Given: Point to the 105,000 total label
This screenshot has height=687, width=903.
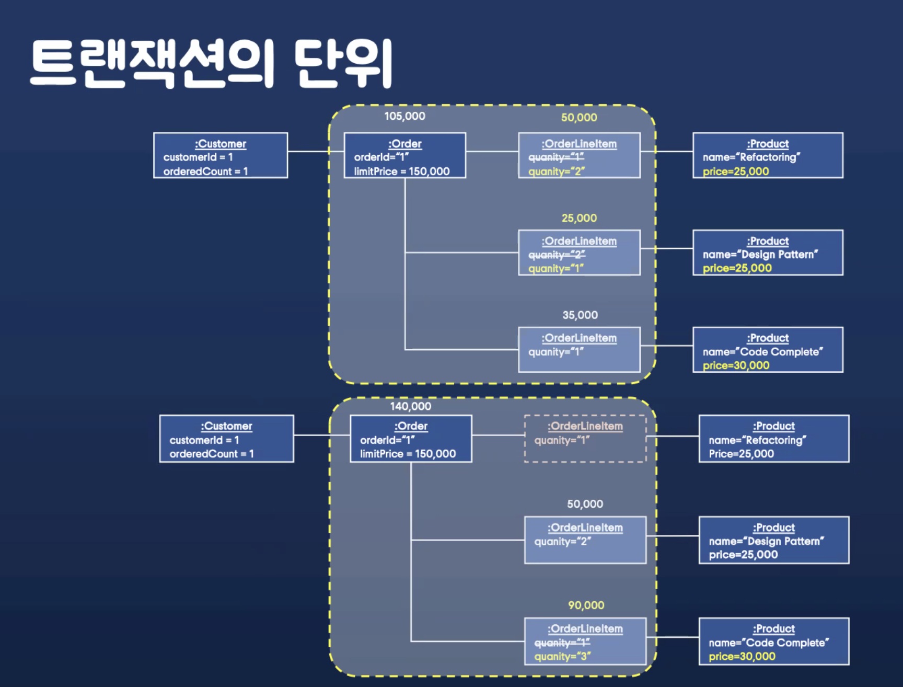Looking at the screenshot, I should [404, 116].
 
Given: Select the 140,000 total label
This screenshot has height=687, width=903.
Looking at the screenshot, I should [410, 406].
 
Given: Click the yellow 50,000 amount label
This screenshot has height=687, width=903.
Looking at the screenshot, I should [579, 118].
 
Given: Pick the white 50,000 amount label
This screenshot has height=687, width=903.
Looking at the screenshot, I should [585, 504].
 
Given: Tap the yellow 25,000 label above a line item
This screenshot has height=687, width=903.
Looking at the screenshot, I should [579, 218].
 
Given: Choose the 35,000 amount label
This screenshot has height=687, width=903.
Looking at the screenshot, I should [580, 315].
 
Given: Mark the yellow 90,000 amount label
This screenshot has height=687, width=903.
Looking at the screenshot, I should [586, 605].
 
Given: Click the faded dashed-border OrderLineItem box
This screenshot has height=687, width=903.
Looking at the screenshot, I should [585, 439].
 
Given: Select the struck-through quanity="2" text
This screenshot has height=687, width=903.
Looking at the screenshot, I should [557, 255].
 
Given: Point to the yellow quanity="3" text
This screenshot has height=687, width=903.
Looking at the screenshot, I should [562, 657].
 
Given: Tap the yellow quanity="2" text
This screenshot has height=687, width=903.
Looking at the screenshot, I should [556, 171].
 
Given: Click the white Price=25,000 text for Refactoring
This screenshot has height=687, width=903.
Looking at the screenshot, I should [741, 454].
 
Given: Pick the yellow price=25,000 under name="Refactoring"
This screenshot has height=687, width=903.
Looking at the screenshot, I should [735, 171].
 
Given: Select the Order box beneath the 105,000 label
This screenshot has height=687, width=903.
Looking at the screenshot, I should [404, 155].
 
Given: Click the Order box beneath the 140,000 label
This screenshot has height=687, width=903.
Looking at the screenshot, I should [411, 439].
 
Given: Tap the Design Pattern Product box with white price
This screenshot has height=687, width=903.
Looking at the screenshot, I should [773, 540].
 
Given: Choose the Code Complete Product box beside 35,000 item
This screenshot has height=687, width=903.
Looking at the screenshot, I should [768, 350].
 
